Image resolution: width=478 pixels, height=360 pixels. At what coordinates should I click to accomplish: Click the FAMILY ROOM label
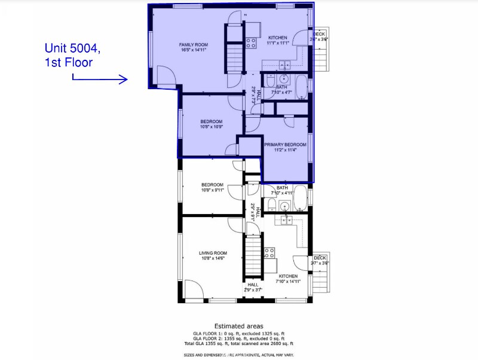192,44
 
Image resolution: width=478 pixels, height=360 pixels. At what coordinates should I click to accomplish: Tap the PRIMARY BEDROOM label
285,144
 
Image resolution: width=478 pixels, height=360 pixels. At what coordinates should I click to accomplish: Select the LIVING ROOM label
213,253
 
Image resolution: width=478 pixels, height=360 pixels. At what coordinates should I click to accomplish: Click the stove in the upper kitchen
252,42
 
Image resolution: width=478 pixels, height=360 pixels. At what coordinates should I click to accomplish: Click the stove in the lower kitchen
269,252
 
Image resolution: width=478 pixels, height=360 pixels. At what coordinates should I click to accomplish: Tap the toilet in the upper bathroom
270,79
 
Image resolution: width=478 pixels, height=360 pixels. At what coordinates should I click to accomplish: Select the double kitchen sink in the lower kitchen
286,220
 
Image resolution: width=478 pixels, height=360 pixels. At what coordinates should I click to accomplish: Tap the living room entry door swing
194,291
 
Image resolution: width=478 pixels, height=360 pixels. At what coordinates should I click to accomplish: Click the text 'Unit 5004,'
68,48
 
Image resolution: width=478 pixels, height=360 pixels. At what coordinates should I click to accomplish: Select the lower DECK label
320,258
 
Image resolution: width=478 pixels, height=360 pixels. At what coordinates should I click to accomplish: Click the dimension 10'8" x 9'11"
212,190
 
